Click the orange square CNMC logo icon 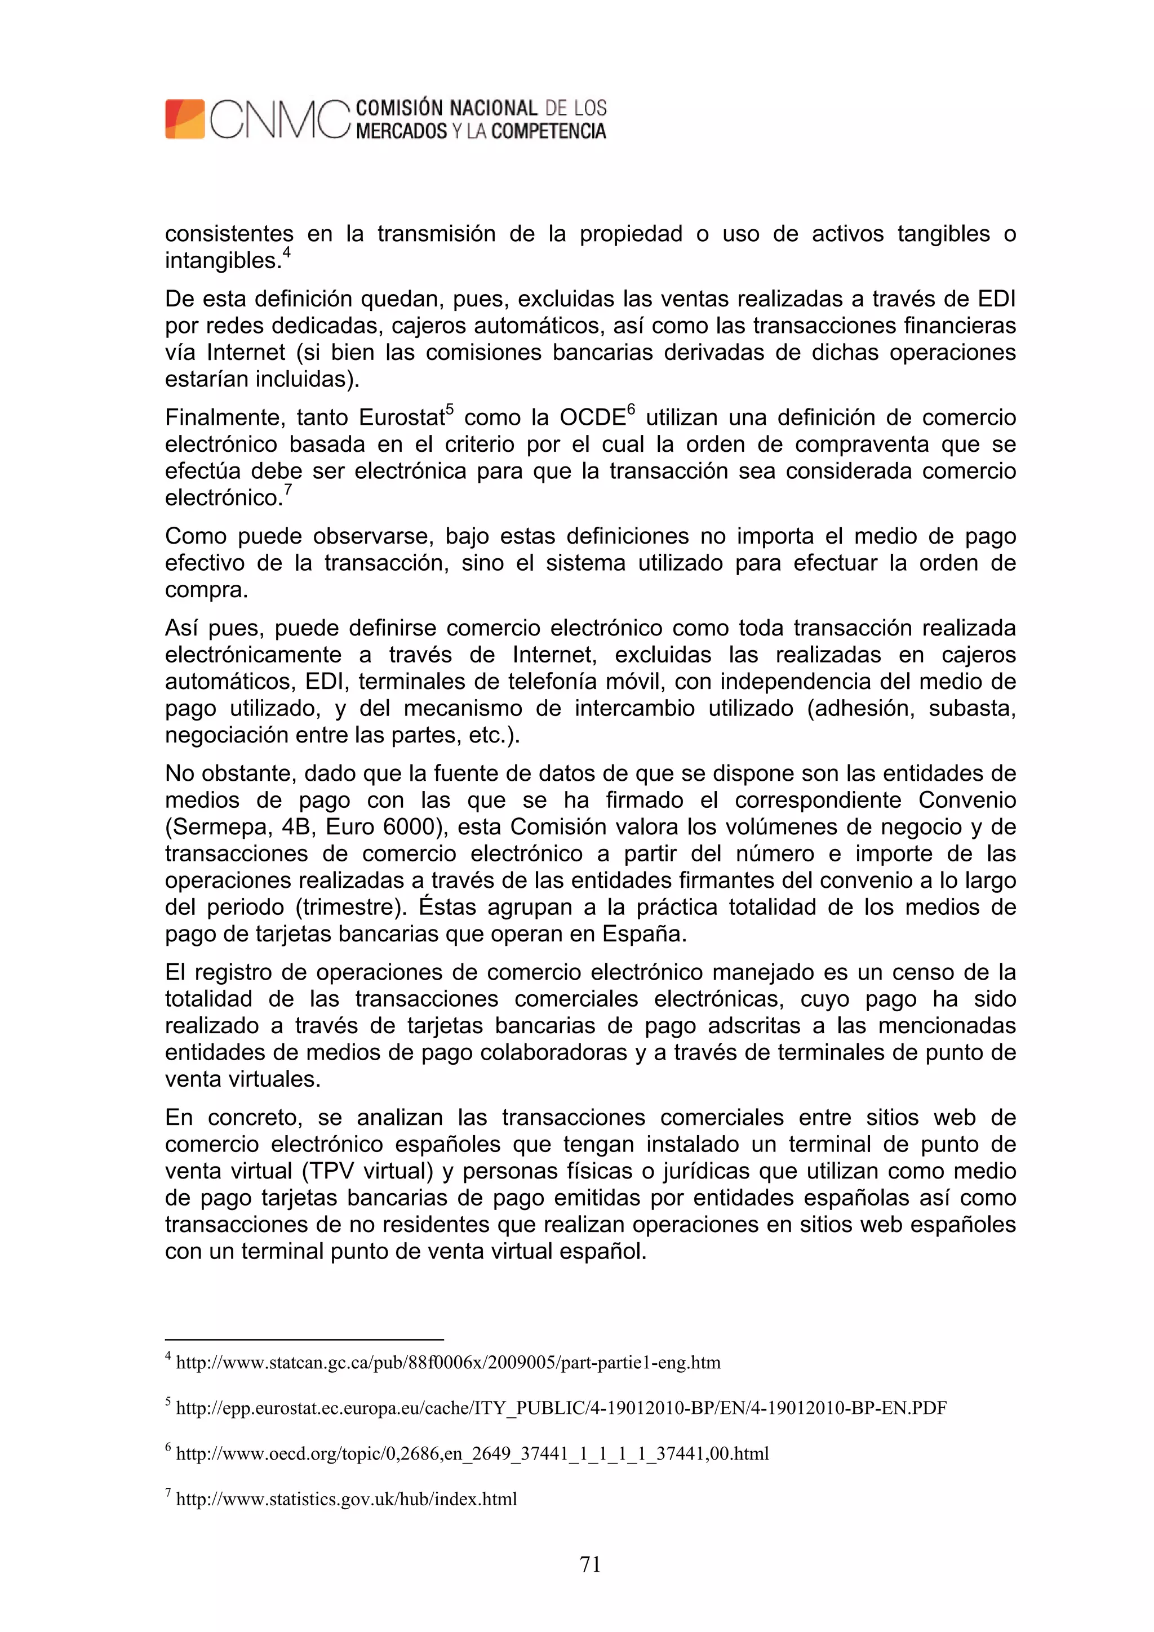coord(185,119)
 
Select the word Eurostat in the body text coord(401,418)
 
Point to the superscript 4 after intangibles coord(287,252)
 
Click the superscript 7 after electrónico coord(288,489)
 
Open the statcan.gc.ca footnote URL coord(448,1363)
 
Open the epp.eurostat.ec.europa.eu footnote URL coord(561,1408)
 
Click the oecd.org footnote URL coord(472,1453)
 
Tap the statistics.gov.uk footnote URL coord(347,1499)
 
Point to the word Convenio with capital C coord(966,801)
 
